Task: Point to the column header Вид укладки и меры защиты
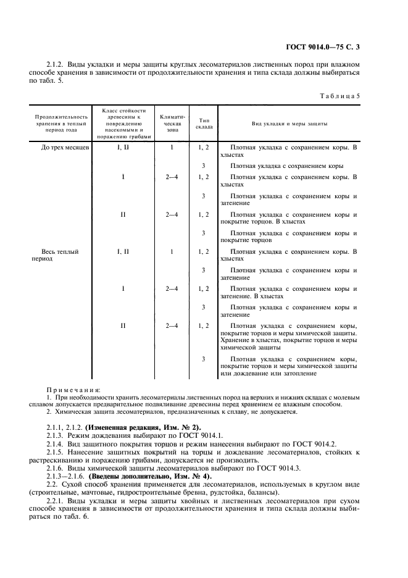289,124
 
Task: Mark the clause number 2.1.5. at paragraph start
56,452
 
